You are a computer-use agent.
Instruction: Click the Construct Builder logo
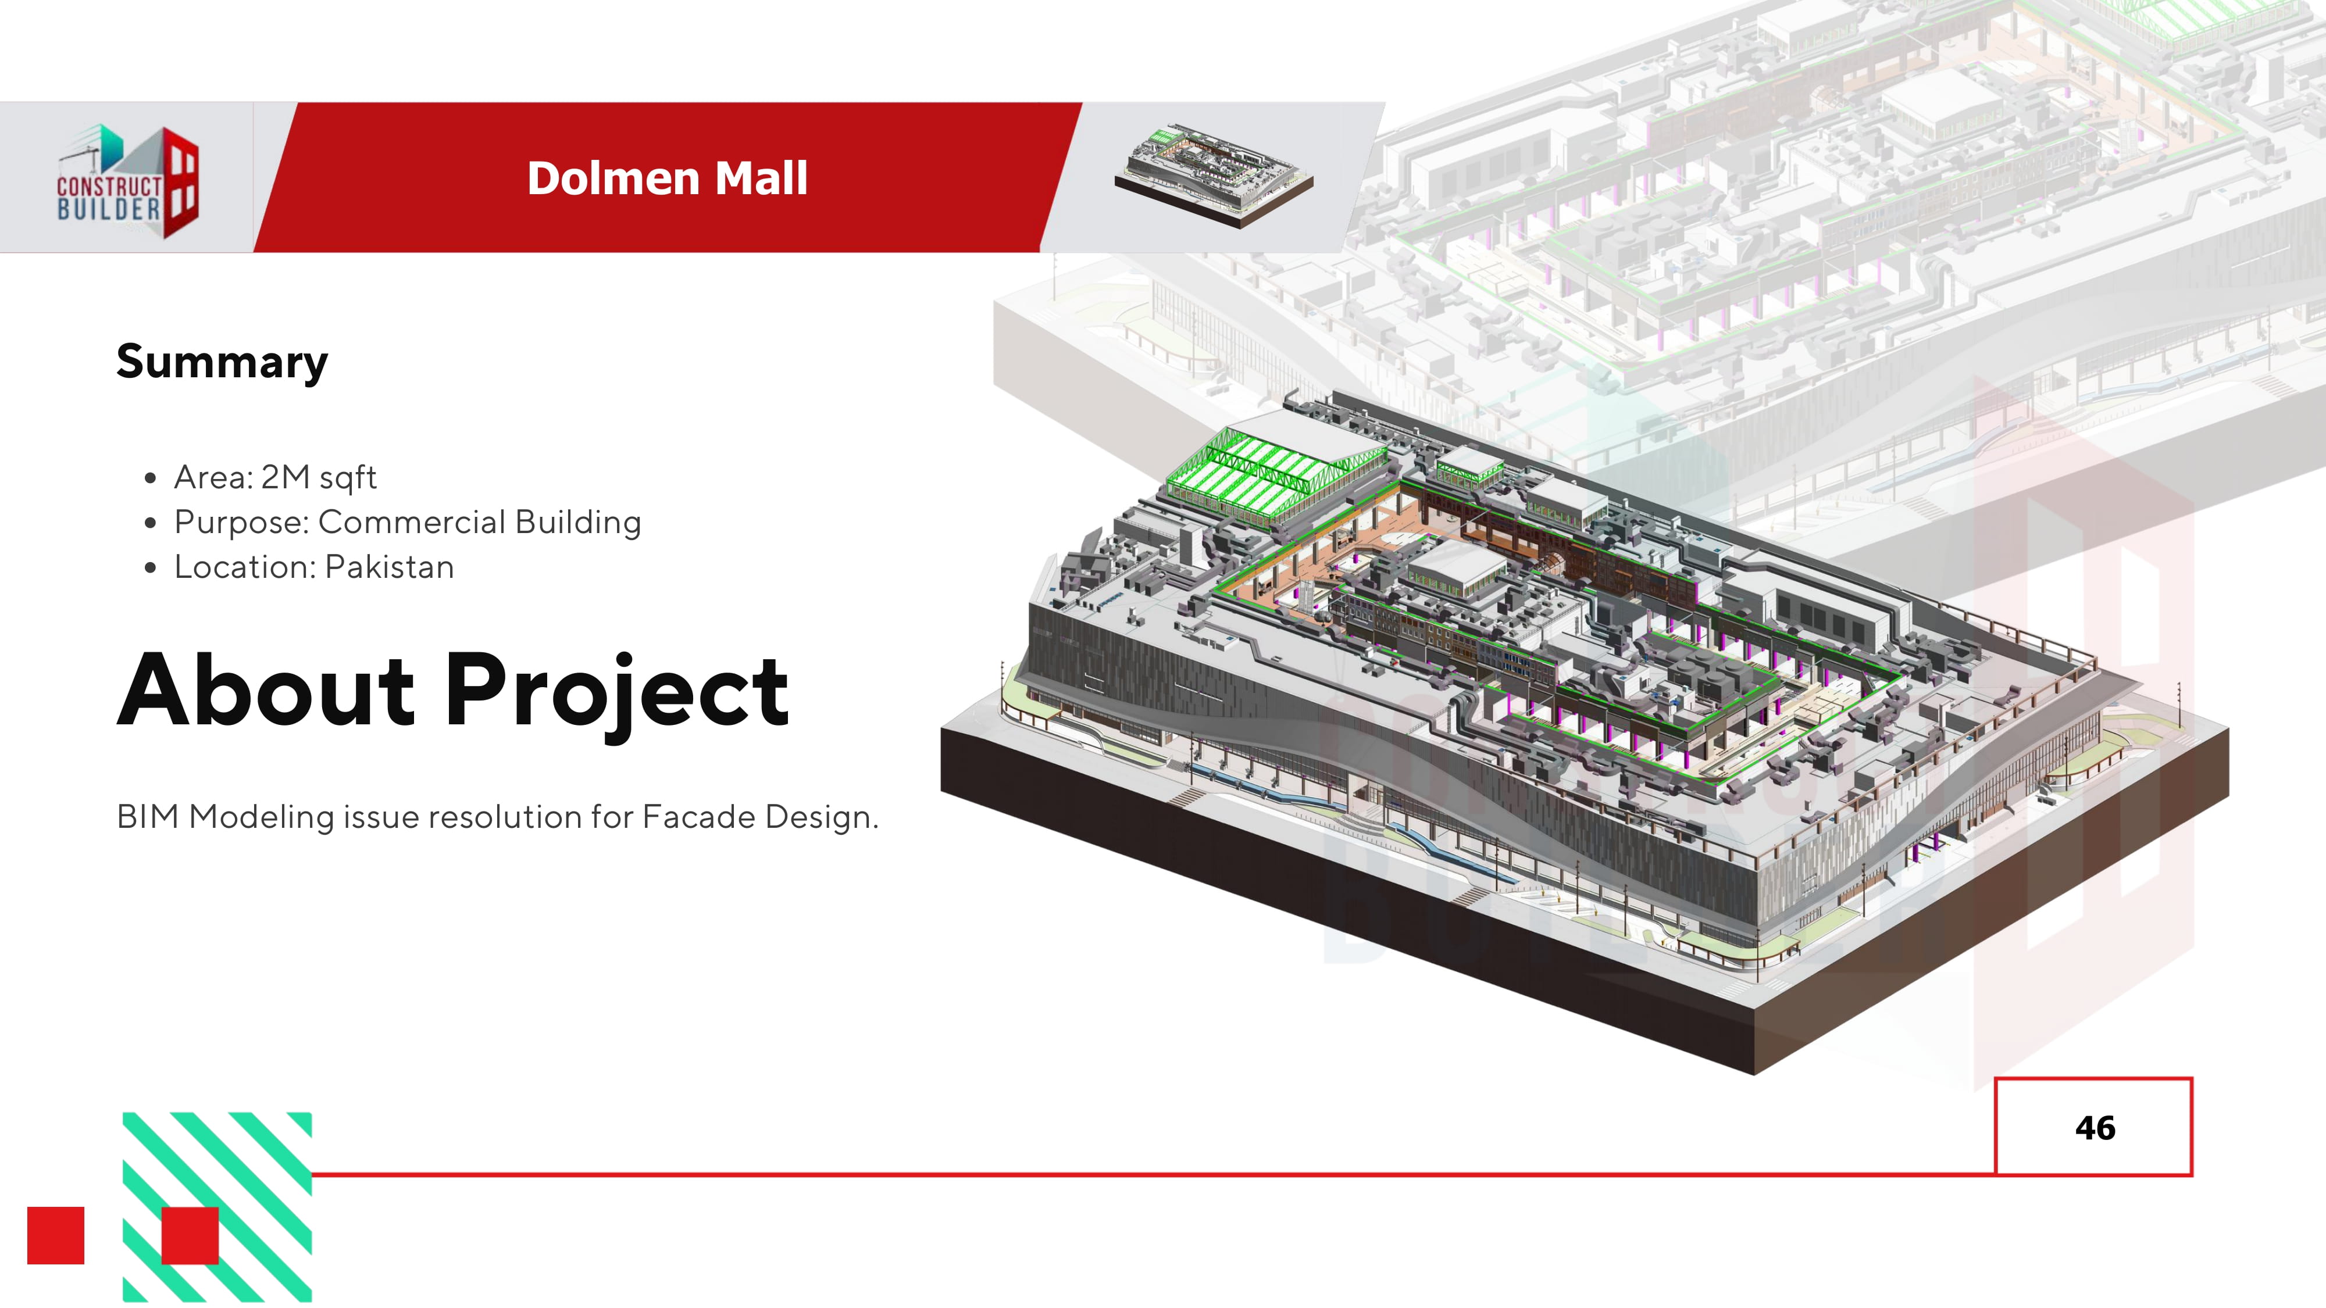(127, 181)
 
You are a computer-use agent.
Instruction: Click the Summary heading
(222, 362)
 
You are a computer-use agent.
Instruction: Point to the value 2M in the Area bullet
(286, 477)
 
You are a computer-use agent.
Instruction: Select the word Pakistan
(389, 567)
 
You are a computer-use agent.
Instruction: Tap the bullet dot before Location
(151, 568)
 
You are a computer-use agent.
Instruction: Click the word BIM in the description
(148, 816)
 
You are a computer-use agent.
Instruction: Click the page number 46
(2095, 1127)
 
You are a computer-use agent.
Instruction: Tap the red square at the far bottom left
(56, 1235)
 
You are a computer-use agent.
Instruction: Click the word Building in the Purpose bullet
(578, 522)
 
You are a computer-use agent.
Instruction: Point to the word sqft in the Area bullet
(348, 477)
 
